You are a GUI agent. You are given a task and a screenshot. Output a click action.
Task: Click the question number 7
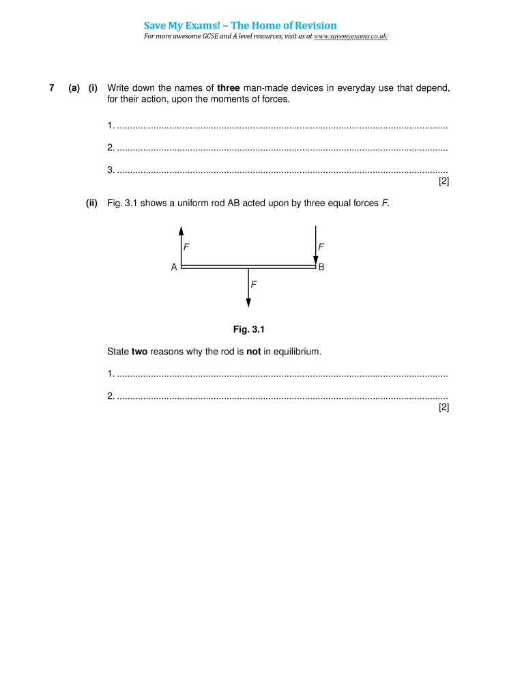coord(51,88)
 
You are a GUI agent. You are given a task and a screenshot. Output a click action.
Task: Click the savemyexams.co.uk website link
coord(351,36)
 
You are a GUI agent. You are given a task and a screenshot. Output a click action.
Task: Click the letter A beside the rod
coord(174,268)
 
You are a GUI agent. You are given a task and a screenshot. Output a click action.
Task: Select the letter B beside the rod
coord(322,268)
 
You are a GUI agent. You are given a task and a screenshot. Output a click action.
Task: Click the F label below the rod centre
coord(254,283)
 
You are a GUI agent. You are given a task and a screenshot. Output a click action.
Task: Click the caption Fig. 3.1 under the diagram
coord(248,329)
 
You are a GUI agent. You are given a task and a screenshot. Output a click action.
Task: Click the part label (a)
coord(74,88)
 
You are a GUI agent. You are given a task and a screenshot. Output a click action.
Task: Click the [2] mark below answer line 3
coord(444,182)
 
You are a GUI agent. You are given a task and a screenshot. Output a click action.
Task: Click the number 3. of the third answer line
coord(111,169)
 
